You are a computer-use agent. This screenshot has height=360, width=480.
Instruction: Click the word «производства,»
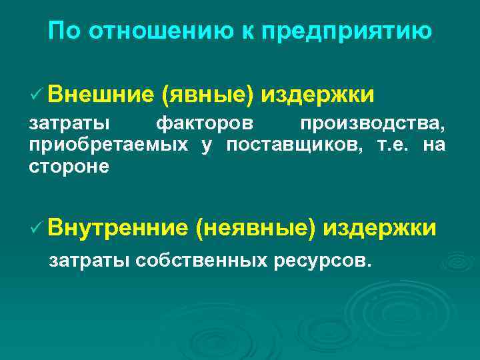click(372, 125)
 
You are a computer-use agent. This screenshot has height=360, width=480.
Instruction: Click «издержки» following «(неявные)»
click(380, 228)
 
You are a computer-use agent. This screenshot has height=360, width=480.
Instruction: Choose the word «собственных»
click(203, 259)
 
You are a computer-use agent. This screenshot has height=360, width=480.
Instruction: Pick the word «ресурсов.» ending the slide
click(321, 259)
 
